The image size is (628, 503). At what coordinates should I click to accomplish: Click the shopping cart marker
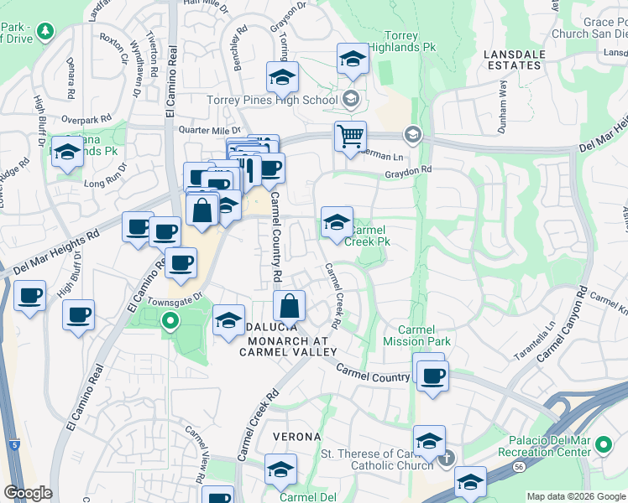[350, 135]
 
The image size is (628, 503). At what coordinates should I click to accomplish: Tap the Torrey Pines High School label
[272, 101]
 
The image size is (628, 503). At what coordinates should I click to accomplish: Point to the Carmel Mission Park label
[416, 335]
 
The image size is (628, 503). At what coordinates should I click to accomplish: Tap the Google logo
[28, 493]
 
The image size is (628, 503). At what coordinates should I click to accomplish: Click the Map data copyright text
[575, 496]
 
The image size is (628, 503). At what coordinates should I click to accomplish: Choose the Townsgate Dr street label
[175, 298]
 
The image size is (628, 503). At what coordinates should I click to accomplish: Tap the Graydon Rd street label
[408, 169]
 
